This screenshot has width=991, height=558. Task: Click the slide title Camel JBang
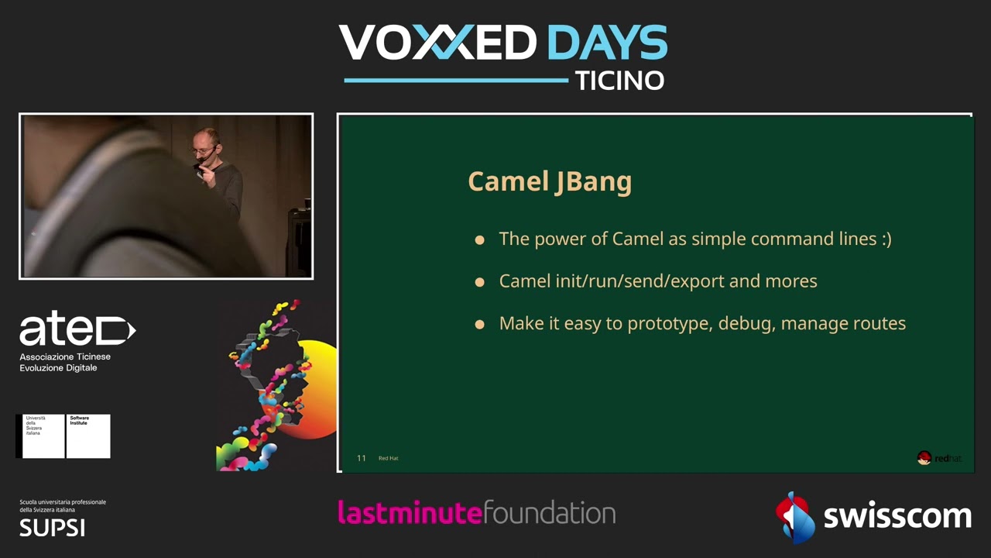click(x=550, y=181)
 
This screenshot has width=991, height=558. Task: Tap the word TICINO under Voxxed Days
click(x=619, y=81)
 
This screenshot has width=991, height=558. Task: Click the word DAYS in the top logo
click(x=607, y=43)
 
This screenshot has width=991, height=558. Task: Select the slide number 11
click(x=361, y=458)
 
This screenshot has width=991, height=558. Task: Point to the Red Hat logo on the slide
click(x=938, y=458)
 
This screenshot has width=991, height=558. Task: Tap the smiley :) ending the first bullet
click(x=886, y=239)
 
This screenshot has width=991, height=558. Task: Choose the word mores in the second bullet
click(x=791, y=281)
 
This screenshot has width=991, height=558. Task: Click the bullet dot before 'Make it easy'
click(x=479, y=324)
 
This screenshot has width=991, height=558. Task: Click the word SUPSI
click(x=52, y=528)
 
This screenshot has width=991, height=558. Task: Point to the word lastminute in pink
click(x=410, y=512)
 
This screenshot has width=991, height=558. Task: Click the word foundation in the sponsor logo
click(x=549, y=512)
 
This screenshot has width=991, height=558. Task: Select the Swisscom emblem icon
click(x=794, y=515)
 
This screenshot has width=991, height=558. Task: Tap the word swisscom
click(x=897, y=516)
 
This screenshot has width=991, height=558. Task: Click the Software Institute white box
click(x=88, y=436)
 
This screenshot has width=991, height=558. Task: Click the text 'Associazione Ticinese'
click(x=65, y=356)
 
